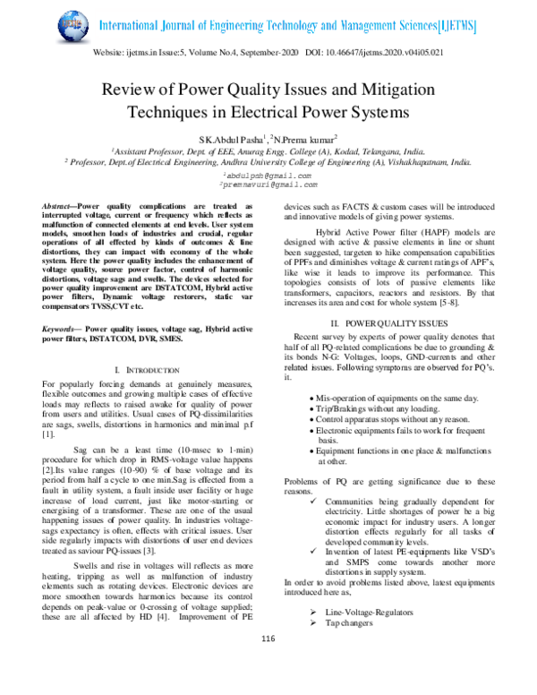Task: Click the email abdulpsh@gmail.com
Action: (266, 176)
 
